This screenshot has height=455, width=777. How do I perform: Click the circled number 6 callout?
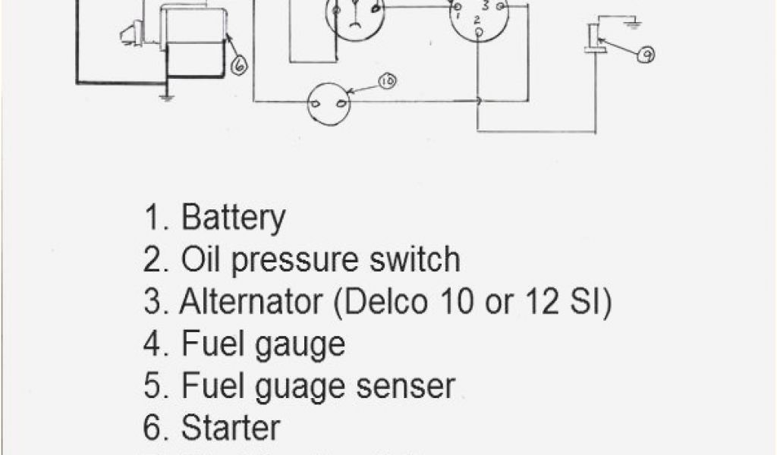click(238, 65)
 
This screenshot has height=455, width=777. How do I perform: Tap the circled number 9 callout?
click(646, 54)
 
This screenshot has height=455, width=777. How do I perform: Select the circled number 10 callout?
click(387, 81)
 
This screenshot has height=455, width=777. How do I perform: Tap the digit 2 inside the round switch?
click(477, 18)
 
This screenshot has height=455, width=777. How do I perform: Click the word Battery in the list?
click(233, 218)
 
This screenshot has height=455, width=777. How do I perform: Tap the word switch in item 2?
click(416, 260)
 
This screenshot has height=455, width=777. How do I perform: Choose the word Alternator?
click(250, 303)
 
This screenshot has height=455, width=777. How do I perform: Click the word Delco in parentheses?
click(388, 303)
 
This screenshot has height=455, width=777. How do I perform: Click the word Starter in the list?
click(231, 428)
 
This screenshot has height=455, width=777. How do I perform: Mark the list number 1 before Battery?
click(153, 218)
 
